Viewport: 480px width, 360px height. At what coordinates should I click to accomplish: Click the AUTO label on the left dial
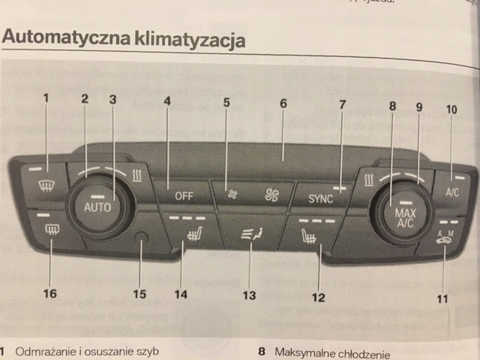pos(97,205)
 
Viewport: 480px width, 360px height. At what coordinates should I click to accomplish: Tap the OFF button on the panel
pos(184,196)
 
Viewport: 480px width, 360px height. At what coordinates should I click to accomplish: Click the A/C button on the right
pos(451,191)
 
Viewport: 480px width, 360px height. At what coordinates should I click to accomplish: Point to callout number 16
pos(49,293)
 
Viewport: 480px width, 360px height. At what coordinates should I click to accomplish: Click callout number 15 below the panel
pos(139,293)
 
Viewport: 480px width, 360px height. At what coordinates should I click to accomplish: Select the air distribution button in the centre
pos(249,235)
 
